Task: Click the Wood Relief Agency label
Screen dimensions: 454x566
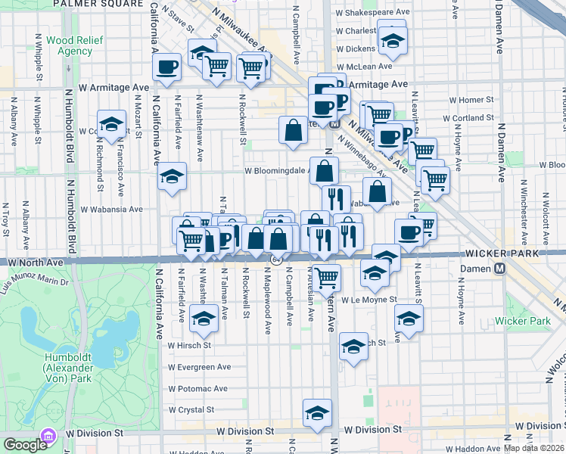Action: [x=69, y=45]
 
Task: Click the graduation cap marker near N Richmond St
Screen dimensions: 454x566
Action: [x=111, y=124]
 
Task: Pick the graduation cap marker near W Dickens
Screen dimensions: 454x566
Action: [x=393, y=41]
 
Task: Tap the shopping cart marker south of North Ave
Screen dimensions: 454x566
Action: [x=327, y=277]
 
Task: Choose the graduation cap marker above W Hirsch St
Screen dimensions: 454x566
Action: [x=203, y=319]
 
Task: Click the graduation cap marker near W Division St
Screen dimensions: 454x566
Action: [x=317, y=412]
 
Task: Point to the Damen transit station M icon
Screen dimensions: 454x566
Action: [x=499, y=269]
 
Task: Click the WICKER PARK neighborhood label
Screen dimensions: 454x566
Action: [x=506, y=253]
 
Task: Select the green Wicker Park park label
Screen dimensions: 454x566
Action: [x=522, y=321]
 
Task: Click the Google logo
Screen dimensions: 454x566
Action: [x=24, y=445]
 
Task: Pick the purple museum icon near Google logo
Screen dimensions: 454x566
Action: [x=50, y=437]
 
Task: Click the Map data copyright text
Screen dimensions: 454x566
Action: [x=534, y=448]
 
